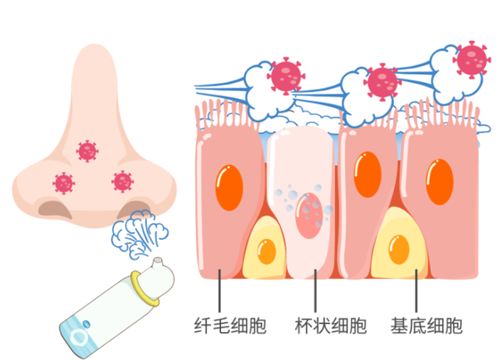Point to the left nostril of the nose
tap(55, 209)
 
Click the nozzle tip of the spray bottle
tap(156, 262)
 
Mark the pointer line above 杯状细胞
tap(316, 290)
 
